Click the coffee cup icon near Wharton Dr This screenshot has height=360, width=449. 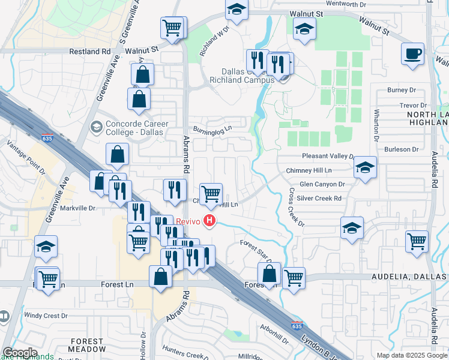pyautogui.click(x=412, y=53)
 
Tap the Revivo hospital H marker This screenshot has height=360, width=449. pyautogui.click(x=209, y=221)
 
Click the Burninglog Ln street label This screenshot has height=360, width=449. pyautogui.click(x=212, y=129)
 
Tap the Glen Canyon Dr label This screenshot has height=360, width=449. pyautogui.click(x=322, y=185)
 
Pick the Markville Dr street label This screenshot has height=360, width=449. pyautogui.click(x=77, y=208)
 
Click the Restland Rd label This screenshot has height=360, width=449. pyautogui.click(x=89, y=52)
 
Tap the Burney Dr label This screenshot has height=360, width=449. pyautogui.click(x=402, y=90)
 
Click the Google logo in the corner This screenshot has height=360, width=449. pyautogui.click(x=20, y=353)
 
